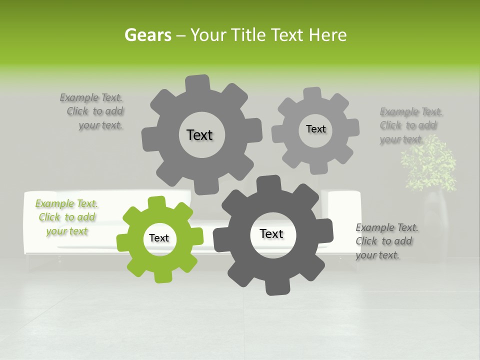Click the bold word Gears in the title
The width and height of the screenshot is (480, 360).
(x=147, y=35)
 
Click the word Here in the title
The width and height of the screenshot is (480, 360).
(x=327, y=35)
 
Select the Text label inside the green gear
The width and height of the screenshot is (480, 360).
(x=159, y=238)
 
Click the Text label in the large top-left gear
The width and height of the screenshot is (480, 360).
(x=199, y=135)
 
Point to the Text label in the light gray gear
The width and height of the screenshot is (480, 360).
(x=315, y=129)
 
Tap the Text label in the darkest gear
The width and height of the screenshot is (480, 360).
(x=271, y=233)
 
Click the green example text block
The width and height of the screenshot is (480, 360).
(x=66, y=217)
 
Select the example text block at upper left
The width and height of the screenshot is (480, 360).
(x=92, y=111)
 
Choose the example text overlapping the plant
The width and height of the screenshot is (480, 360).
(x=410, y=125)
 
